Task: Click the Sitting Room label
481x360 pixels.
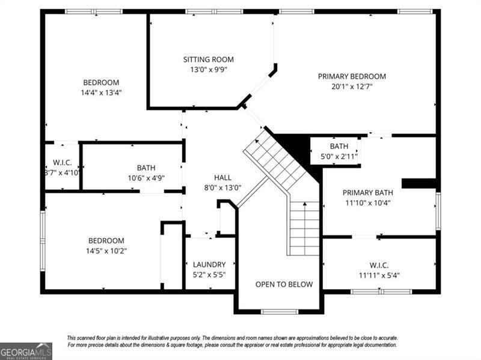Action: pyautogui.click(x=208, y=59)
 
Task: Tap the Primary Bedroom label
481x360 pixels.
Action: pyautogui.click(x=352, y=76)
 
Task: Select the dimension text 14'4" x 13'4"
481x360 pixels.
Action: pyautogui.click(x=101, y=93)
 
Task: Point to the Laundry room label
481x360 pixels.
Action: pyautogui.click(x=209, y=264)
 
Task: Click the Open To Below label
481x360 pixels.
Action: pyautogui.click(x=284, y=284)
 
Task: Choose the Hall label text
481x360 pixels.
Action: pyautogui.click(x=222, y=177)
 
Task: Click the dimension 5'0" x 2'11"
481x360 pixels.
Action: pyautogui.click(x=339, y=156)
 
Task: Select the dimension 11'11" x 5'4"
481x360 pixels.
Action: pyautogui.click(x=379, y=276)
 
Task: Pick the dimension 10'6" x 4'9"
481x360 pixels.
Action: pyautogui.click(x=146, y=177)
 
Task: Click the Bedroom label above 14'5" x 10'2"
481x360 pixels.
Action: pyautogui.click(x=106, y=240)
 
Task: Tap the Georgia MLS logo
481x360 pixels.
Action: pyautogui.click(x=26, y=351)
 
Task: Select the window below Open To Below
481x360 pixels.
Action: pyautogui.click(x=279, y=311)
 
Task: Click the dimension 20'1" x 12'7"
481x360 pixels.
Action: pyautogui.click(x=352, y=87)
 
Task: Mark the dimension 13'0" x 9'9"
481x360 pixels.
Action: pyautogui.click(x=208, y=69)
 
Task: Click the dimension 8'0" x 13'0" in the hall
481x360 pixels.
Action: pyautogui.click(x=222, y=187)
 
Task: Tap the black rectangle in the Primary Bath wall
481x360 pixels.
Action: pyautogui.click(x=418, y=183)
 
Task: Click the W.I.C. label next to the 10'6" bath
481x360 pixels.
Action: pyautogui.click(x=62, y=162)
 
